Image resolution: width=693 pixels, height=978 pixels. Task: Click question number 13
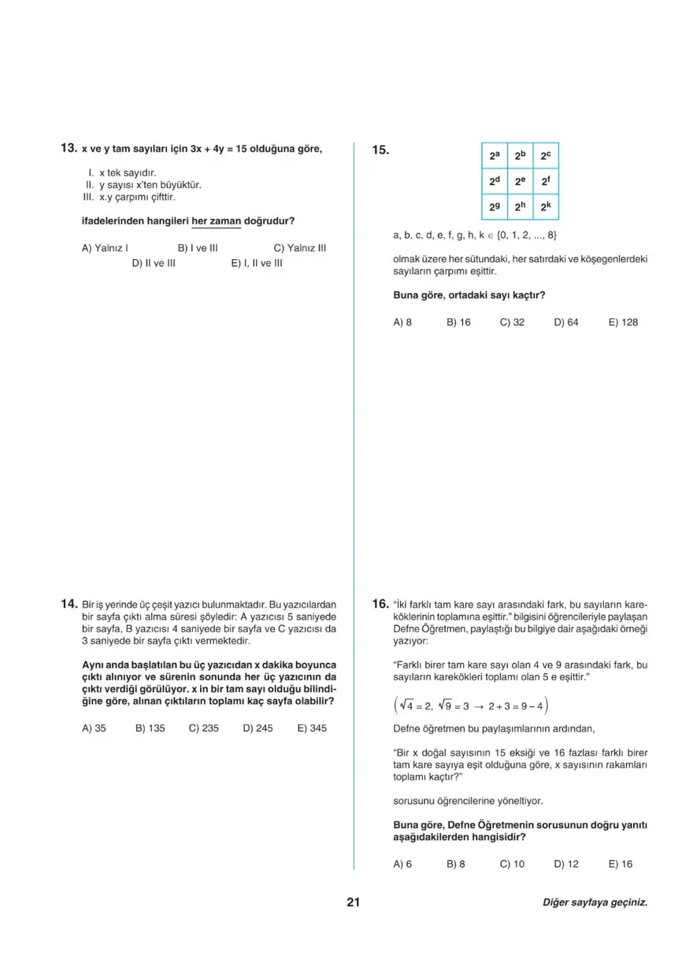pyautogui.click(x=68, y=148)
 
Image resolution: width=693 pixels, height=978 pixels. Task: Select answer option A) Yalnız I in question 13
pyautogui.click(x=105, y=248)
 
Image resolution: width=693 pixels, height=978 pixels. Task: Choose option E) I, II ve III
pyautogui.click(x=256, y=263)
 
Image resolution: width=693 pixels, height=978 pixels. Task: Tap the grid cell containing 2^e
pyautogui.click(x=520, y=182)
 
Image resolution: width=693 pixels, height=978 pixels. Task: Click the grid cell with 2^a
pyautogui.click(x=494, y=156)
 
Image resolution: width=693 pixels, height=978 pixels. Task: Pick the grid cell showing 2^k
pyautogui.click(x=546, y=208)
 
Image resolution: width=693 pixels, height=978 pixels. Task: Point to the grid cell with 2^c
pyautogui.click(x=546, y=156)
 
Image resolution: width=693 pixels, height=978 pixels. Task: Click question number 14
pyautogui.click(x=68, y=604)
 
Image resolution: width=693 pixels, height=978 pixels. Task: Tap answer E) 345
pyautogui.click(x=312, y=728)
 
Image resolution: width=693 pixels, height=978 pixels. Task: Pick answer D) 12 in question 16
pyautogui.click(x=565, y=864)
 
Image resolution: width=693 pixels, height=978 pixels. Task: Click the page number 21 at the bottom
pyautogui.click(x=353, y=902)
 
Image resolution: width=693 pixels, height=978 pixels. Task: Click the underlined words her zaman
pyautogui.click(x=210, y=221)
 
